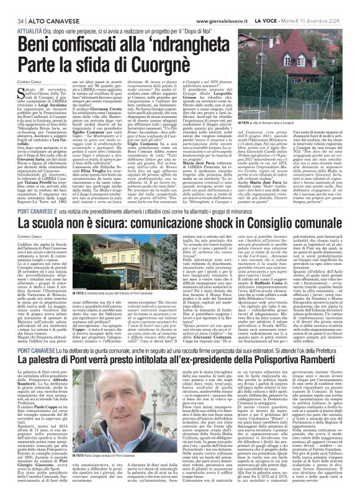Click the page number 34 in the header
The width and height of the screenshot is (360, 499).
(12, 6)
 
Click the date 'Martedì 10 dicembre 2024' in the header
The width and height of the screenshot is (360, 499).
(317, 6)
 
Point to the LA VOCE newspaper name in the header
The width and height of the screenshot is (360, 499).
(269, 6)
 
